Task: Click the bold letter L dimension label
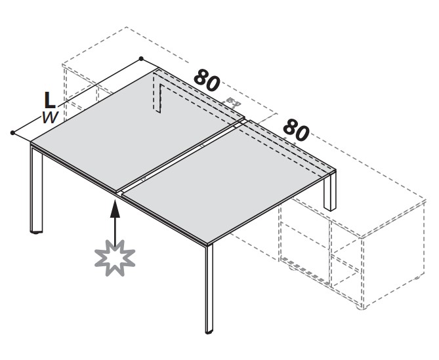tap(50, 100)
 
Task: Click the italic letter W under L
tap(51, 117)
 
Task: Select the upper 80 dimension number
tap(207, 80)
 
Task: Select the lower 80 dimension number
tap(297, 130)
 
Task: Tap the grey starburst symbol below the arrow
tap(115, 258)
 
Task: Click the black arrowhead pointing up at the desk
tap(115, 209)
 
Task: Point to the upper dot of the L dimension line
tap(141, 58)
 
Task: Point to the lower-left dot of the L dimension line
tap(12, 132)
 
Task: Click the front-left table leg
tap(36, 189)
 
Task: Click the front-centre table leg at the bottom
tap(209, 288)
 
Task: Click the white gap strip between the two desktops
tap(183, 157)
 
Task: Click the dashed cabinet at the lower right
tap(353, 252)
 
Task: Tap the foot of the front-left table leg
tap(36, 232)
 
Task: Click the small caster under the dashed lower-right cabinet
tap(361, 308)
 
